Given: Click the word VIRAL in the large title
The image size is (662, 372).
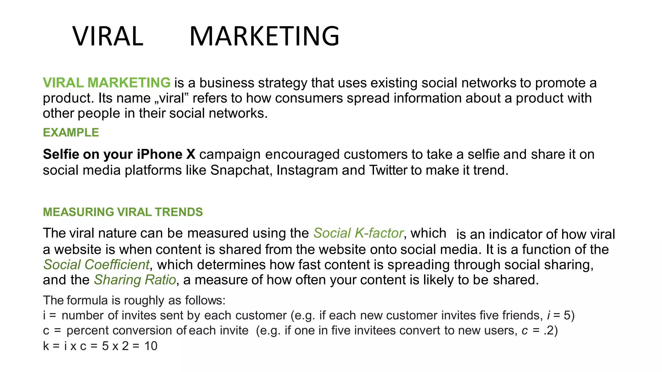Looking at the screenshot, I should tap(108, 36).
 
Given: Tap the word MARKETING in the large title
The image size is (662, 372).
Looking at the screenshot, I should tap(264, 36).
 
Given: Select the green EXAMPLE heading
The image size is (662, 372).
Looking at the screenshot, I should tap(71, 132).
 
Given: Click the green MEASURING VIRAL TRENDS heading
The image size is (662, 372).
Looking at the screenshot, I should tap(123, 212).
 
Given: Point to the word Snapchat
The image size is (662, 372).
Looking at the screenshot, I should tap(240, 170).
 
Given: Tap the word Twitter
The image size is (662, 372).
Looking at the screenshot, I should tap(388, 170).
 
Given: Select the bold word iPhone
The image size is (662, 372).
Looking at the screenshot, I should tap(159, 154).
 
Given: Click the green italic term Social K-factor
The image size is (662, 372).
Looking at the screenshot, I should tap(358, 233).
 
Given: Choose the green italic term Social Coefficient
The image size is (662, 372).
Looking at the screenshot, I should tap(96, 265).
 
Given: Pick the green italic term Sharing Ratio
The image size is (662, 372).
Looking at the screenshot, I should tap(135, 280).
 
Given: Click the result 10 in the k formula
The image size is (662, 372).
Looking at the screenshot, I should tap(151, 346).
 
